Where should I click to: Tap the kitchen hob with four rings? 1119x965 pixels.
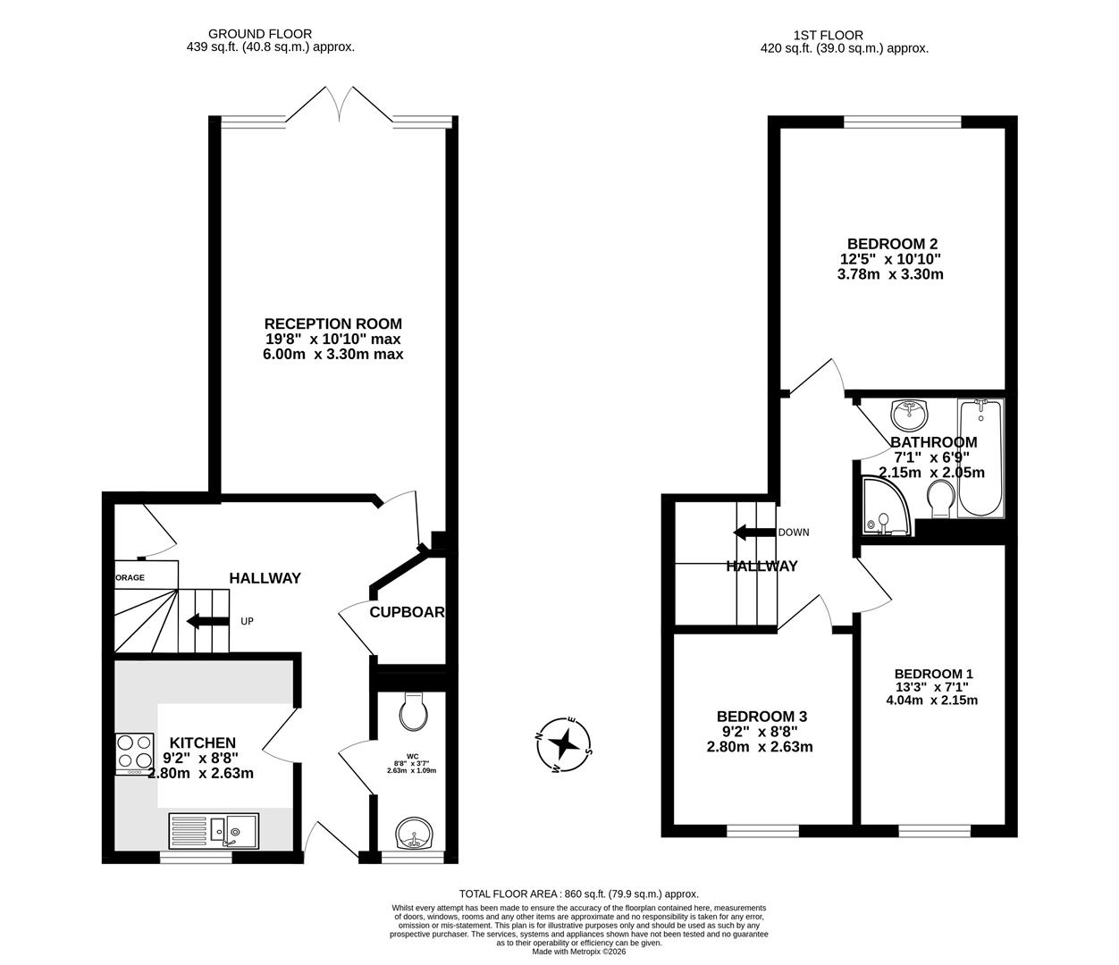click(x=133, y=752)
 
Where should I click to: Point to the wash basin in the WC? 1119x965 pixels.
click(x=414, y=835)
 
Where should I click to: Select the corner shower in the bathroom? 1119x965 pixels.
click(x=884, y=508)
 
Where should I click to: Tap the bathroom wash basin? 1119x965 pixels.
click(x=909, y=414)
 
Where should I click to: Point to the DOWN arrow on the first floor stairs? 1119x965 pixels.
click(x=754, y=533)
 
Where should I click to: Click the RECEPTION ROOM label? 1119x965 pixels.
click(x=332, y=323)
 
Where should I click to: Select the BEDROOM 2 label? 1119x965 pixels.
click(x=892, y=243)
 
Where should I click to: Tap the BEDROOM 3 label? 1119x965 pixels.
click(x=761, y=716)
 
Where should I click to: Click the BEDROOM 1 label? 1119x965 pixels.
click(x=933, y=675)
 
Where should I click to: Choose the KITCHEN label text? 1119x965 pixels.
click(x=203, y=743)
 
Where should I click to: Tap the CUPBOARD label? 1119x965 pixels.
click(x=408, y=612)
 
